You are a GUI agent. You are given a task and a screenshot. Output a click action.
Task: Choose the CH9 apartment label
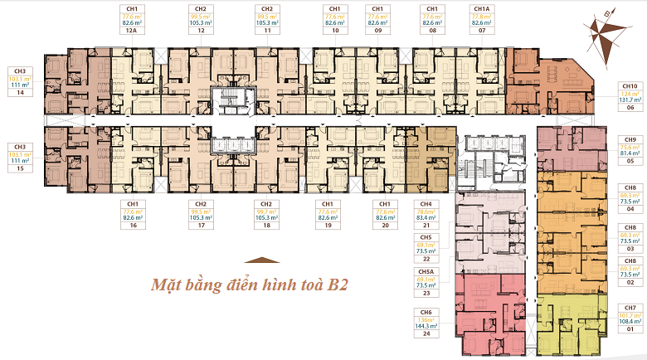coord(630,139)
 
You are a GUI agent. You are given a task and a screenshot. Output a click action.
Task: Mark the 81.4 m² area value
coord(630,153)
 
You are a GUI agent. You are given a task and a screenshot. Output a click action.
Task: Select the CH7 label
coord(630,308)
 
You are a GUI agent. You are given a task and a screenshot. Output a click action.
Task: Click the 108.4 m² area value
coord(630,323)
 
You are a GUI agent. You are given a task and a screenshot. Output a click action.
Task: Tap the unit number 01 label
coord(630,330)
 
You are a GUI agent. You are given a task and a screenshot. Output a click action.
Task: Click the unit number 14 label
coord(19,94)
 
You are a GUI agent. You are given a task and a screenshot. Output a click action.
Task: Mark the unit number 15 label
coord(19,169)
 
